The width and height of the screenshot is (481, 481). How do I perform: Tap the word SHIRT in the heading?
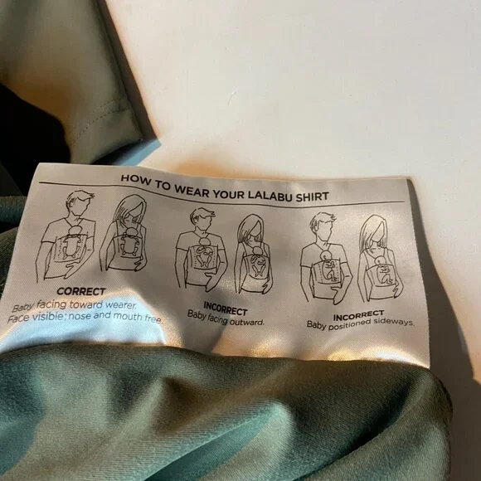(313, 197)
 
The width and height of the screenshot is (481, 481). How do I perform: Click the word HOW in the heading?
(135, 179)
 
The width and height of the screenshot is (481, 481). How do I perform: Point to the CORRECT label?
(81, 291)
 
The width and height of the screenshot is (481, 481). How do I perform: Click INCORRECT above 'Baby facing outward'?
(226, 309)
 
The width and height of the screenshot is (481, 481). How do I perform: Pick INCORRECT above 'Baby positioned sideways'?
(358, 315)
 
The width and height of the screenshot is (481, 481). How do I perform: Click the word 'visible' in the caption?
(47, 317)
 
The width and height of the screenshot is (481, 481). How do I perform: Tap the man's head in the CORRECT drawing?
(80, 204)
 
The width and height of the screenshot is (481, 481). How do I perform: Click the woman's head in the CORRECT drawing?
(132, 210)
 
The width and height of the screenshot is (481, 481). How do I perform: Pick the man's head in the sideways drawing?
(323, 225)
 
